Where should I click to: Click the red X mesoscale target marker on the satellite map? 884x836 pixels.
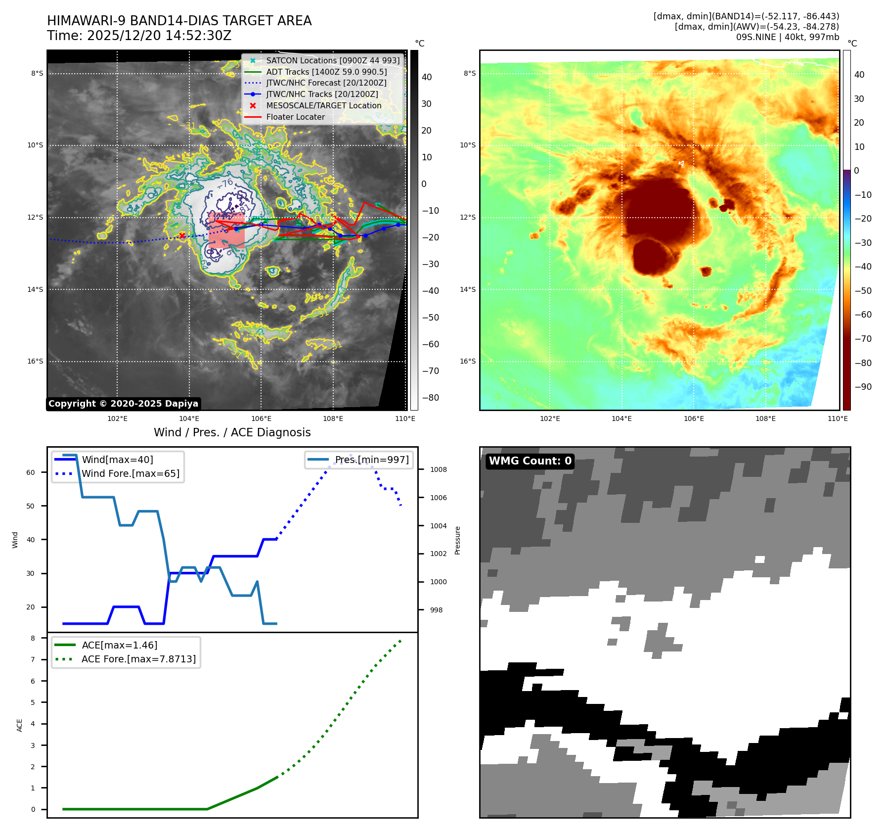click(182, 235)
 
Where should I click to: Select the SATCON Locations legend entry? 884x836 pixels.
click(332, 60)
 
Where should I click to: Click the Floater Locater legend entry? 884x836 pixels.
click(295, 117)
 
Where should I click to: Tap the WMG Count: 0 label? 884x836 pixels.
click(530, 461)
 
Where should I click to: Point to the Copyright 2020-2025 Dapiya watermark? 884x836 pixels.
click(123, 404)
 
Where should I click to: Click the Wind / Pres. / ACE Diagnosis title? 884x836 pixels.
click(232, 432)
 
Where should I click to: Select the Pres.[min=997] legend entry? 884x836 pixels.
click(371, 460)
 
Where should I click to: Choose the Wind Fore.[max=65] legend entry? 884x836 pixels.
click(131, 473)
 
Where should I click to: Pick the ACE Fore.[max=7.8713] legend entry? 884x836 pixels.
click(138, 659)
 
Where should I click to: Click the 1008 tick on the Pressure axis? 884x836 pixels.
click(438, 469)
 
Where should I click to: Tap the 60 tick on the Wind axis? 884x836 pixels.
click(31, 472)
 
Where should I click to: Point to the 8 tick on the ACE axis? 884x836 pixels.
click(33, 638)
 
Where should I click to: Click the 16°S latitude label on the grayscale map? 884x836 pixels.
click(35, 362)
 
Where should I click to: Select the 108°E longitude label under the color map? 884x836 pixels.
click(765, 418)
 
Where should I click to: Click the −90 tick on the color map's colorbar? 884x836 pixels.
click(863, 387)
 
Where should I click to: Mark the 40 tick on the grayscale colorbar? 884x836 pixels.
click(427, 77)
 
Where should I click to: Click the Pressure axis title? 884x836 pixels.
click(457, 540)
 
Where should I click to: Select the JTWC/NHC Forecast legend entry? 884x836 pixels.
click(326, 83)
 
